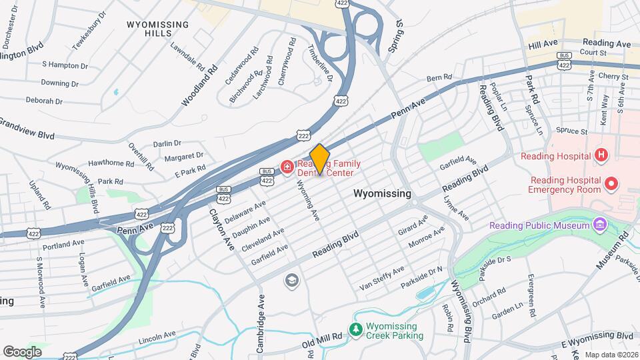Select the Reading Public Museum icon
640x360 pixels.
[x=600, y=224]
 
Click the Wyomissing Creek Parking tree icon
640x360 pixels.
[x=357, y=329]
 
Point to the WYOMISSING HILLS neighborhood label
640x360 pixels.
[x=157, y=29]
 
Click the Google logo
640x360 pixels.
[x=22, y=351]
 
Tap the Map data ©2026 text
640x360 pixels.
[x=611, y=355]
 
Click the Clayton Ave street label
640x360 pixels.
[x=222, y=231]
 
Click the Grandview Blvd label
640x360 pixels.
[x=27, y=129]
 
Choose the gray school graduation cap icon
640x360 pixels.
[x=291, y=281]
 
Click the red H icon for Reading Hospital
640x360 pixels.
[x=601, y=156]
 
